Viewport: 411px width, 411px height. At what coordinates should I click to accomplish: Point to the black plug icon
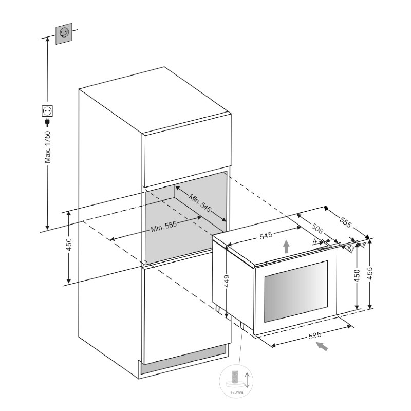(x=47, y=122)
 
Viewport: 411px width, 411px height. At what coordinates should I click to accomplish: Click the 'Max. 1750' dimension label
(x=47, y=147)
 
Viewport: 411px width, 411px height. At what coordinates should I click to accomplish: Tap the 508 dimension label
(x=316, y=228)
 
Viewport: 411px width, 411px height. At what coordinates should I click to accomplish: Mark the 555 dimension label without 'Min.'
(x=345, y=223)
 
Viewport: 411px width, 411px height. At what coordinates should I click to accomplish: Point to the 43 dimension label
(x=351, y=248)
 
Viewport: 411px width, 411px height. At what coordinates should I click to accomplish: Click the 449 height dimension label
(x=227, y=281)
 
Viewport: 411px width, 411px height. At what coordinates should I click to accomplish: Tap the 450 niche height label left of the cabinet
(x=69, y=248)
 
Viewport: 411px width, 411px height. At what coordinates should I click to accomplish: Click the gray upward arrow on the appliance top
(x=287, y=247)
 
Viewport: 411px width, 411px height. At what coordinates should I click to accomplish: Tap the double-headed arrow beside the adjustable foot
(x=247, y=380)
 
